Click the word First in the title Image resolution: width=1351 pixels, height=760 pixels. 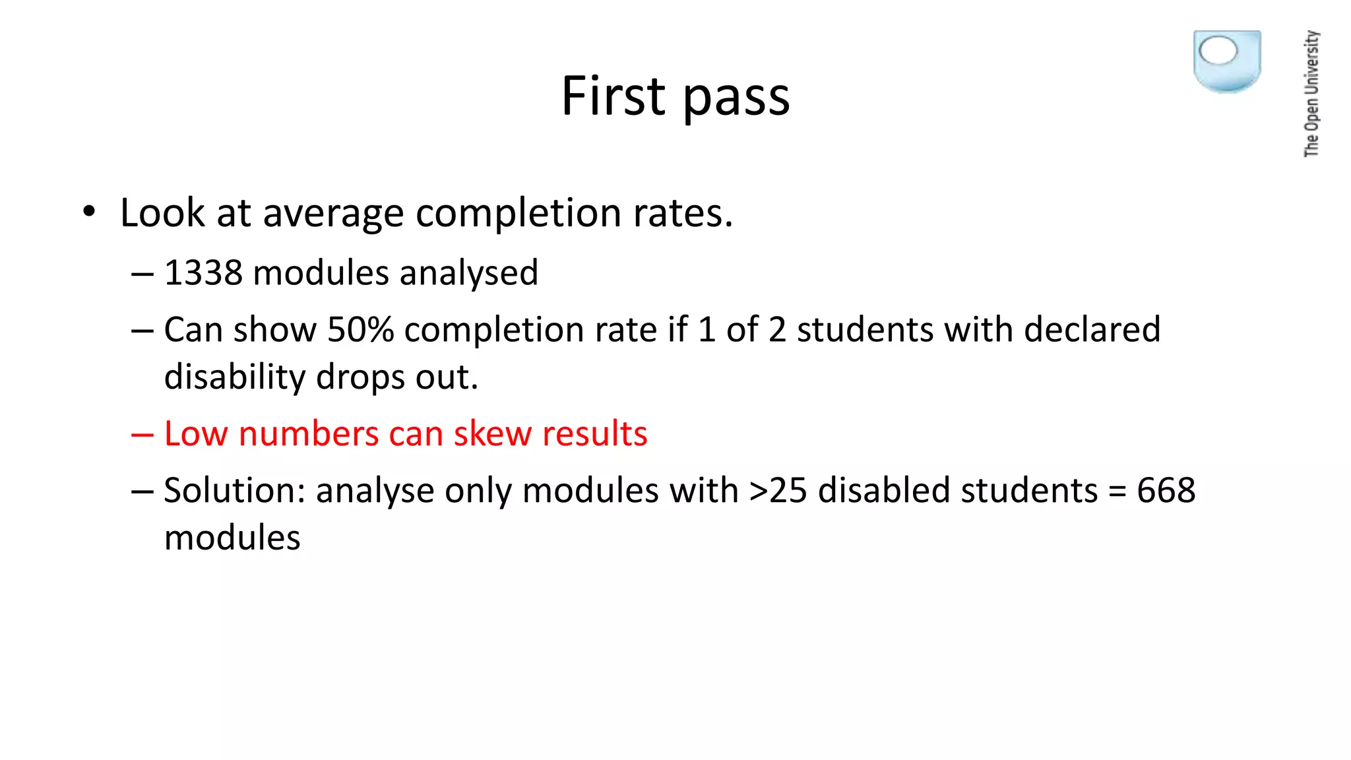coord(613,96)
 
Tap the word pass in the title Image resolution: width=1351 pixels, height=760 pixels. coord(736,99)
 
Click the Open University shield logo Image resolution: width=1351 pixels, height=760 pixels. coord(1227,61)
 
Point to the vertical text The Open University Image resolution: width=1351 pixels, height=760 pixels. coord(1311,94)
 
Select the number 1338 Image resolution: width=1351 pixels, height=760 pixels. coord(203,273)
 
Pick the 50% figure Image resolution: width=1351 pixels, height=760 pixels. coord(360,330)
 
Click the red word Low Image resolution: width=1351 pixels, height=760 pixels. coord(196,434)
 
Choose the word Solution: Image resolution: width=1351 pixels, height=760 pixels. coord(234,491)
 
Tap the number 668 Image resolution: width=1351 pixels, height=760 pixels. coord(1166,491)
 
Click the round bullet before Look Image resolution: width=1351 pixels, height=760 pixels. coord(89,212)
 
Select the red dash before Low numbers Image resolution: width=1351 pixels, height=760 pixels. coord(142,435)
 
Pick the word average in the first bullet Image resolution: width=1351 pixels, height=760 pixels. coord(333,214)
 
